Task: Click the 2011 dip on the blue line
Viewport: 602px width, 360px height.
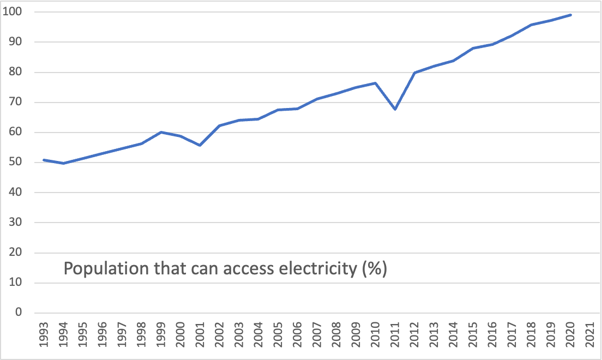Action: pos(395,109)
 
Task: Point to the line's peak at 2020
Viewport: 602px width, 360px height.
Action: pos(570,15)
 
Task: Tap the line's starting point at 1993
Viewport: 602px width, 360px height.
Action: pos(44,160)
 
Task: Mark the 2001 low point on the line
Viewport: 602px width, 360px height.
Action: pos(200,145)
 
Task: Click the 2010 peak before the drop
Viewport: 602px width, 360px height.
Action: pos(375,83)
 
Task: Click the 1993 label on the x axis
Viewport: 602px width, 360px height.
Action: pos(44,338)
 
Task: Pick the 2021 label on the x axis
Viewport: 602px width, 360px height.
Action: pos(590,338)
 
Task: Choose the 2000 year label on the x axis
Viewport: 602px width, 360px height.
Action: pos(180,338)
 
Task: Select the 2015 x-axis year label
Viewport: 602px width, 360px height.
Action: pos(473,338)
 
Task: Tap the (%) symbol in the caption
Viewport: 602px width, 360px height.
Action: pos(374,269)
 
